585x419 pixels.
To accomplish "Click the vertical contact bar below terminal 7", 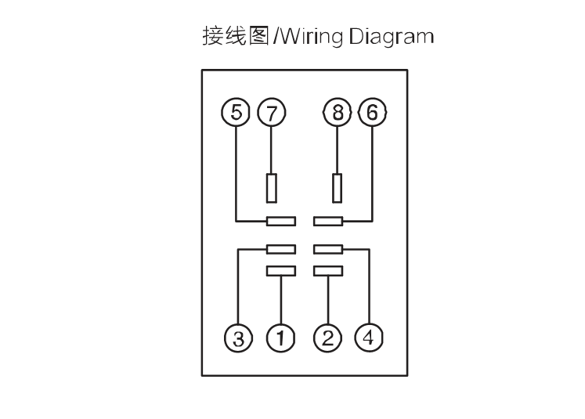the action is [272, 188].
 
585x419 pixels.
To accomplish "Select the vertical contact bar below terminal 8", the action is [338, 188].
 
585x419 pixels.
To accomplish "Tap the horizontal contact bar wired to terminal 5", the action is [281, 222].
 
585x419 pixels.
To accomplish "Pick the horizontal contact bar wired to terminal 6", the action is [328, 222].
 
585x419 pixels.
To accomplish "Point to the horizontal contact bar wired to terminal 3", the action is [281, 249].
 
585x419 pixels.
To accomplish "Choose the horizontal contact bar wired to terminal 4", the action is [328, 249].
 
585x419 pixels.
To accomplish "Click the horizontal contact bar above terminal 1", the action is [281, 271].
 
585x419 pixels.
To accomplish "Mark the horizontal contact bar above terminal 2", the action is [328, 271].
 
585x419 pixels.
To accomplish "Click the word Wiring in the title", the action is [311, 37].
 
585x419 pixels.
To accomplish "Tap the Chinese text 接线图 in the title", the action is [236, 36].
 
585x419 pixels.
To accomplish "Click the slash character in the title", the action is [276, 36].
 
